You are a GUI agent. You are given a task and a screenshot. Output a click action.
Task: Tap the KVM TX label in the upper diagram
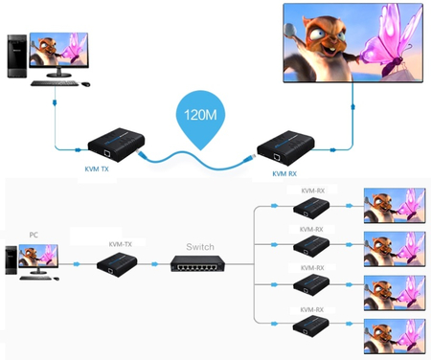[99, 165]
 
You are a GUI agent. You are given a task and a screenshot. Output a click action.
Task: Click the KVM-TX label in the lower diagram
[121, 244]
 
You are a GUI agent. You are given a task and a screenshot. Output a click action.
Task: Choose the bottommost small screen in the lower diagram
[395, 330]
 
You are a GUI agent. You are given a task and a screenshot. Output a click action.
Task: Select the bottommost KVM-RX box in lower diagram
[310, 326]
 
